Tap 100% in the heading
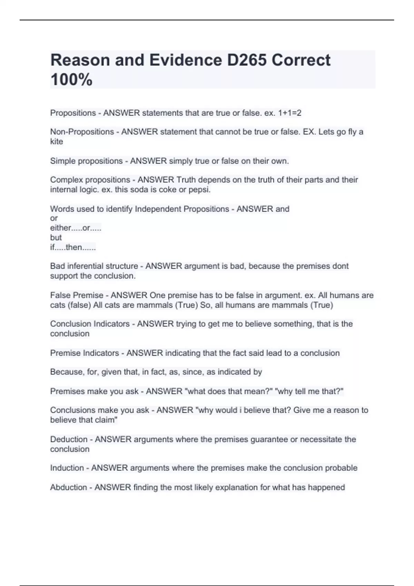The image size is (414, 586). point(71,80)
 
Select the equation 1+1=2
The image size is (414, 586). point(289,113)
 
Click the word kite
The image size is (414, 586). point(57,142)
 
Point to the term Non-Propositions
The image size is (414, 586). point(82,132)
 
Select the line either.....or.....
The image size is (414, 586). point(76,228)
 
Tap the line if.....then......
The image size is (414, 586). point(73,247)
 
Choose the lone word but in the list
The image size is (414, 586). point(56,238)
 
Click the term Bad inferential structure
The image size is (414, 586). point(94,266)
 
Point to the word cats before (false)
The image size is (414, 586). point(58,305)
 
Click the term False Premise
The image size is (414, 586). point(77,295)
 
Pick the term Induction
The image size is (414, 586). point(67,468)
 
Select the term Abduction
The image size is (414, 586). point(68,487)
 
